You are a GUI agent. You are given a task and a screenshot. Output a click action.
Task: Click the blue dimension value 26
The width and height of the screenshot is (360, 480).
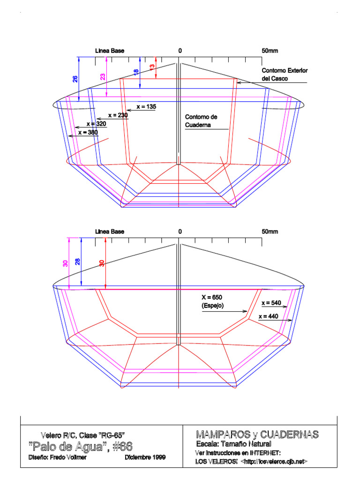75,79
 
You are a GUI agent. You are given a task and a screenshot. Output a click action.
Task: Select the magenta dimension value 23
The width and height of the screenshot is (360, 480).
103,76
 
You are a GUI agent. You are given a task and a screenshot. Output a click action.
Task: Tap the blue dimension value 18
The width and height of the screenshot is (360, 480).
136,73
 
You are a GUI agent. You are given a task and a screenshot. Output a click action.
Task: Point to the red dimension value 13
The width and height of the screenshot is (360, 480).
152,68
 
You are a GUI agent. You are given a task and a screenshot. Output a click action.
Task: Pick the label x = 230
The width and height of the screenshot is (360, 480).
118,115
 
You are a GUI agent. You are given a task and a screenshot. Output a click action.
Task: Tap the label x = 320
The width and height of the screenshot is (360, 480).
97,124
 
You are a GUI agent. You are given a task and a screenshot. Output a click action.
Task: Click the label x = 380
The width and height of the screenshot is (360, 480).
88,133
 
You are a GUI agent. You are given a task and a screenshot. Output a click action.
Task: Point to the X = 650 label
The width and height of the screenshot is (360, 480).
211,298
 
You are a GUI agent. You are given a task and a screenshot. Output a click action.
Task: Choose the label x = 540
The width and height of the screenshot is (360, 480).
270,303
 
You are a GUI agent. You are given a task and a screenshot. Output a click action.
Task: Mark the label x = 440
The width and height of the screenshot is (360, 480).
270,316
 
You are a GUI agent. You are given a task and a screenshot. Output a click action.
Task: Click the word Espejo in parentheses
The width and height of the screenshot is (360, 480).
212,306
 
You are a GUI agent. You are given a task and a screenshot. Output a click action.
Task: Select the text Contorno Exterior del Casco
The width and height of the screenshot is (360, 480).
285,75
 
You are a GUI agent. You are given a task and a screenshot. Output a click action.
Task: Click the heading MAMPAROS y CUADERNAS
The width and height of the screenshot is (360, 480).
257,434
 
